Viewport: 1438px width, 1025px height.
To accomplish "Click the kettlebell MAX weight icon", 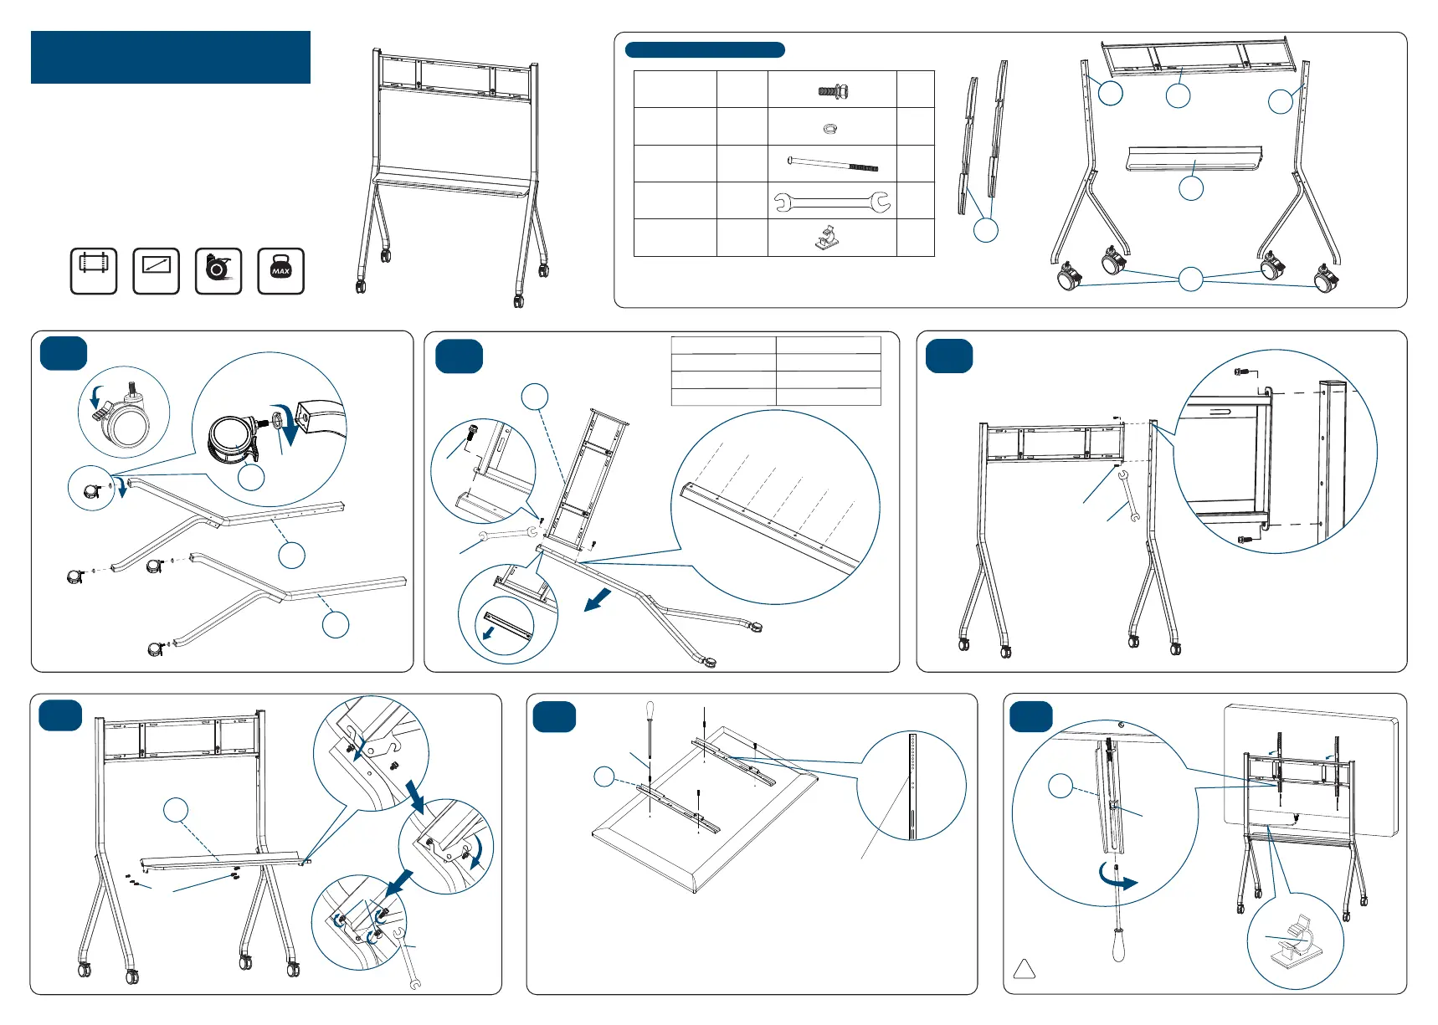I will pyautogui.click(x=280, y=271).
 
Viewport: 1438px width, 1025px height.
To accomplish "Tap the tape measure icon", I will pyautogui.click(x=218, y=271).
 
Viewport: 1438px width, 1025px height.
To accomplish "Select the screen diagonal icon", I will pyautogui.click(x=157, y=271).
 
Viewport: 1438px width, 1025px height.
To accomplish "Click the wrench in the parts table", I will pyautogui.click(x=831, y=202).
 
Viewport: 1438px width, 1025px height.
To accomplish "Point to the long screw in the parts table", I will pyautogui.click(x=833, y=164).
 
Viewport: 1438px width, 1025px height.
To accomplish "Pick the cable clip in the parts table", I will pyautogui.click(x=828, y=238).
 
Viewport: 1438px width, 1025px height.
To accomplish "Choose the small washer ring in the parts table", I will pyautogui.click(x=829, y=128).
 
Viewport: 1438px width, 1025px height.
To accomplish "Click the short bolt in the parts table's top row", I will pyautogui.click(x=834, y=91).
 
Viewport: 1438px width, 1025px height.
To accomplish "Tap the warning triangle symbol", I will pyautogui.click(x=1025, y=969).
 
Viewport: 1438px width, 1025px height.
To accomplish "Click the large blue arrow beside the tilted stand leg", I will pyautogui.click(x=598, y=599).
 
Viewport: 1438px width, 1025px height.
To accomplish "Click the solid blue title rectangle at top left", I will pyautogui.click(x=171, y=58).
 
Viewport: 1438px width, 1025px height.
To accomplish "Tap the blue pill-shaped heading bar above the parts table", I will pyautogui.click(x=705, y=50).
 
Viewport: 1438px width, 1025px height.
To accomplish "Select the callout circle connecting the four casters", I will pyautogui.click(x=1190, y=279).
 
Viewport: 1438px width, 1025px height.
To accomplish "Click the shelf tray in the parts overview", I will pyautogui.click(x=1194, y=158).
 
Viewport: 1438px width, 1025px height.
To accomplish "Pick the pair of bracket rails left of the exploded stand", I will pyautogui.click(x=983, y=138).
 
